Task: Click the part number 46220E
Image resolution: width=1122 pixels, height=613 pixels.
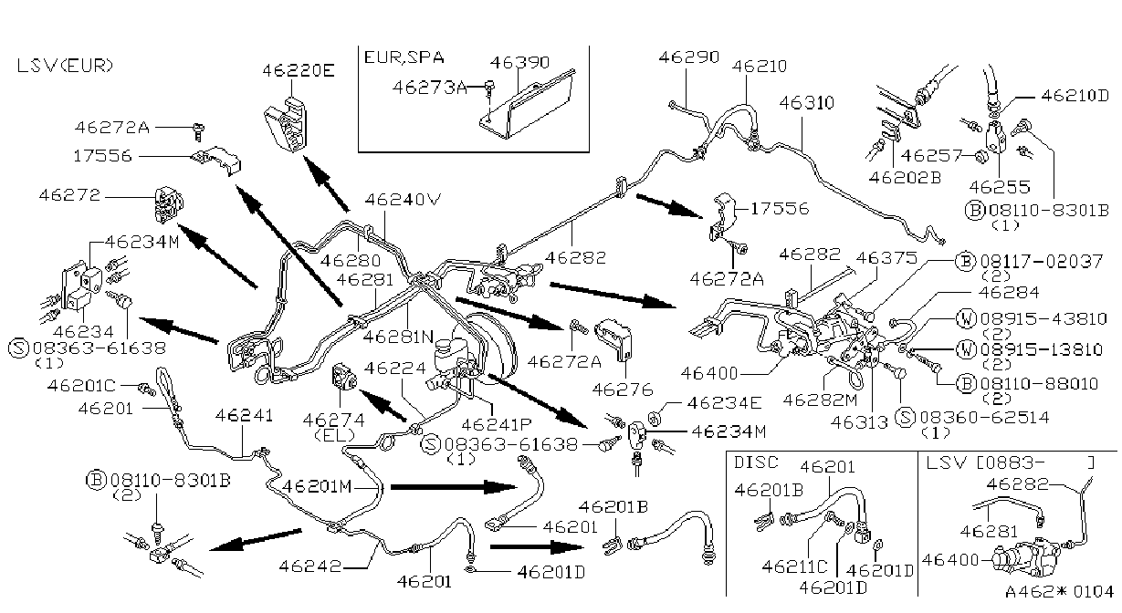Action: (x=298, y=70)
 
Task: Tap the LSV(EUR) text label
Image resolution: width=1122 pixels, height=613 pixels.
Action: (x=65, y=66)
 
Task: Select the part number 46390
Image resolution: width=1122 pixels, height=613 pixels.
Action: (x=519, y=62)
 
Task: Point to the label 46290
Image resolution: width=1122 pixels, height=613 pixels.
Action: (x=688, y=57)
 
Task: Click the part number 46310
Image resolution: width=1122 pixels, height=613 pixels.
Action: (x=806, y=102)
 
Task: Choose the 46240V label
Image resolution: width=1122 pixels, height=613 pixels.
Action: (x=403, y=200)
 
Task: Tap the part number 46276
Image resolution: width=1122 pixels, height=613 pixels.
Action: (x=623, y=390)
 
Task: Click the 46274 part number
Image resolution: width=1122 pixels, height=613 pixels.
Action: (x=333, y=420)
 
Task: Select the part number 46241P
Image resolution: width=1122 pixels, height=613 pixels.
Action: (x=496, y=424)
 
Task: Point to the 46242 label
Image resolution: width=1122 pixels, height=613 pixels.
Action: (x=310, y=566)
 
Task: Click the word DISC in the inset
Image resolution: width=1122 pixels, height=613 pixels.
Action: (x=756, y=462)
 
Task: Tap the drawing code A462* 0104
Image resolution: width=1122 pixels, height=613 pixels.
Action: (x=1059, y=592)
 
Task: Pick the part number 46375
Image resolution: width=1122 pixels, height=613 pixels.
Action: (x=886, y=258)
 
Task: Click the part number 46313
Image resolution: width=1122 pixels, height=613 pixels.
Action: (x=859, y=423)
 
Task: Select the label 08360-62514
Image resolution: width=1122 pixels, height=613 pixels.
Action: (x=984, y=417)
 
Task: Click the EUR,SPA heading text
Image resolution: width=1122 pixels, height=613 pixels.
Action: (x=404, y=57)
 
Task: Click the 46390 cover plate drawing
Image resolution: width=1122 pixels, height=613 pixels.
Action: (x=526, y=104)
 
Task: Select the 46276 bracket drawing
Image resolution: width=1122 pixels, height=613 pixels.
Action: (x=613, y=338)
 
